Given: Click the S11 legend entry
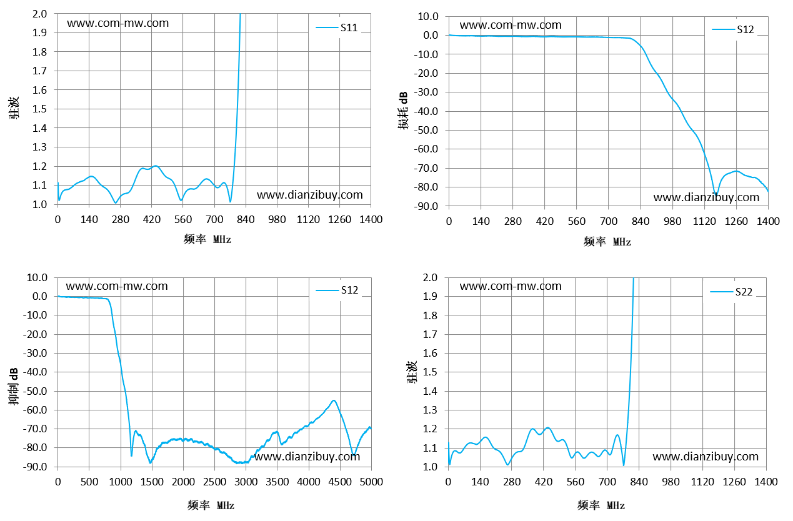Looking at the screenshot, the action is (x=337, y=27).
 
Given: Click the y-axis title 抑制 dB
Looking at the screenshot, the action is (x=14, y=387).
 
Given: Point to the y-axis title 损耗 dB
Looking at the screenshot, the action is (x=403, y=111).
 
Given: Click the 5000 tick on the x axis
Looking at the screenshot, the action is (x=371, y=482).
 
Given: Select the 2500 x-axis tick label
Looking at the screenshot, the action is (x=214, y=482).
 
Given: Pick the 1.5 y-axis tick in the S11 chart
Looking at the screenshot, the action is (x=39, y=109).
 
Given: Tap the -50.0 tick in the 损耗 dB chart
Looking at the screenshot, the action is (x=426, y=130).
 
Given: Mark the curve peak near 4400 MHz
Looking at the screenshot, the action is (x=334, y=400).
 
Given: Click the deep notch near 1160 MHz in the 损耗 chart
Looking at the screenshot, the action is (x=715, y=194).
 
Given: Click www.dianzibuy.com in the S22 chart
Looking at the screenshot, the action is (x=706, y=456).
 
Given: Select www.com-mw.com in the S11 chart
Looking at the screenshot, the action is (x=118, y=23).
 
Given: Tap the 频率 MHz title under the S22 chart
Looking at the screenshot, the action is (x=601, y=505).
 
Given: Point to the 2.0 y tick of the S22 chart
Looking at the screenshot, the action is (x=430, y=277).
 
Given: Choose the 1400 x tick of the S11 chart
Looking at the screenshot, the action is (x=371, y=219).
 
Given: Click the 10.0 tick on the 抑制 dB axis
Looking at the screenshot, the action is (x=37, y=277).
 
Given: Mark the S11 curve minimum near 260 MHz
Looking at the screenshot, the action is (x=116, y=203).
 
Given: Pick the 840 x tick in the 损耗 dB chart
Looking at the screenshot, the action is (x=641, y=222).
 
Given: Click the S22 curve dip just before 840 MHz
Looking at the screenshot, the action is (x=624, y=465).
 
